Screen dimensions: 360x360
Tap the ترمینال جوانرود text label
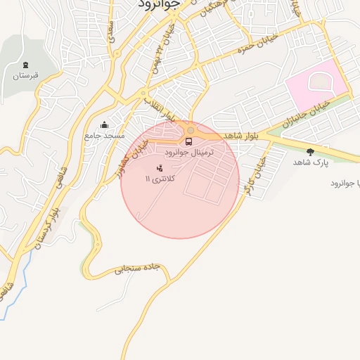click(188, 153)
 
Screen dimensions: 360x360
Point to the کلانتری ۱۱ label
click(162, 179)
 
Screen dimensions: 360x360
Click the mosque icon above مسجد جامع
click(104, 125)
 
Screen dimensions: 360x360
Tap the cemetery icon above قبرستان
click(26, 65)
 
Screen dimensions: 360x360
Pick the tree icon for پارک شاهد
click(310, 152)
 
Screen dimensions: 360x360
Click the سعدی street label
click(110, 30)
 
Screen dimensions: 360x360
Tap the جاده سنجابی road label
click(139, 269)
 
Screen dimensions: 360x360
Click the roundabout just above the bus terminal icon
click(190, 130)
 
